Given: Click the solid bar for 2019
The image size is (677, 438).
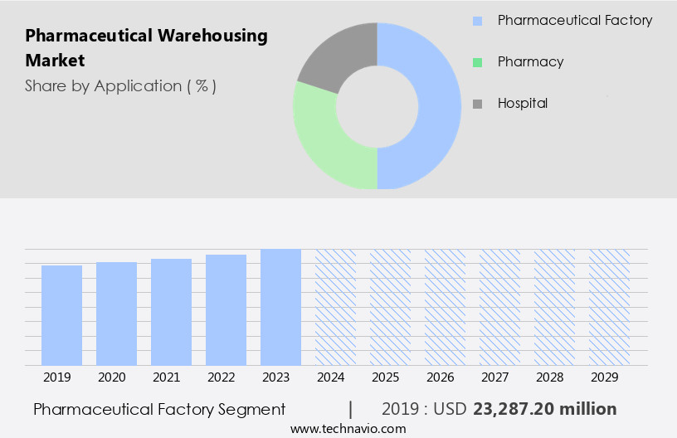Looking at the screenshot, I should pyautogui.click(x=61, y=315).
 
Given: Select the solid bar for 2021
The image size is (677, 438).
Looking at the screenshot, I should pyautogui.click(x=171, y=312).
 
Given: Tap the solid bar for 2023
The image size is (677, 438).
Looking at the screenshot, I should pyautogui.click(x=280, y=307).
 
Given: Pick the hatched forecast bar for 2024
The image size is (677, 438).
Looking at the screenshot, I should pyautogui.click(x=335, y=307).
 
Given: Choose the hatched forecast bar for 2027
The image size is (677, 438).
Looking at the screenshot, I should pyautogui.click(x=499, y=307).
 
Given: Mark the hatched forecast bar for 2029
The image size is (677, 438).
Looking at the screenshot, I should pyautogui.click(x=609, y=307).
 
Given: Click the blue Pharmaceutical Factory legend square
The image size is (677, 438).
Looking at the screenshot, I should pyautogui.click(x=477, y=21).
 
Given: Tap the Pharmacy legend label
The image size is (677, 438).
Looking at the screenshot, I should pyautogui.click(x=530, y=62).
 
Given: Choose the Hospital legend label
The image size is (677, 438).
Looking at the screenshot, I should pyautogui.click(x=522, y=104).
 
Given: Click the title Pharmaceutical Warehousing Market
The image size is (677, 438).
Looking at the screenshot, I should pyautogui.click(x=146, y=48).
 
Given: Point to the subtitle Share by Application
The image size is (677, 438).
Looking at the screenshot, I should pyautogui.click(x=120, y=86).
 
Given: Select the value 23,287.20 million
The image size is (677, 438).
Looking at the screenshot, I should pyautogui.click(x=544, y=409).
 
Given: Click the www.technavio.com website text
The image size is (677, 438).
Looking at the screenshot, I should pyautogui.click(x=348, y=429).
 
